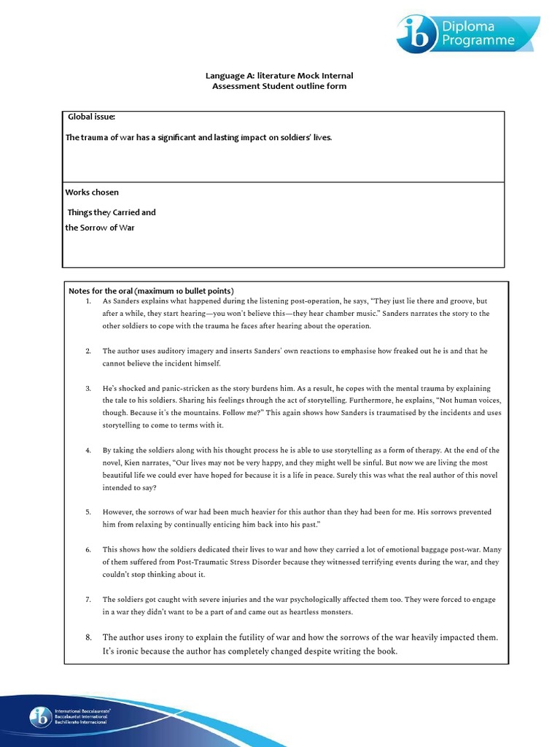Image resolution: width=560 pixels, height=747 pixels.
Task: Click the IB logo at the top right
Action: [x=418, y=33]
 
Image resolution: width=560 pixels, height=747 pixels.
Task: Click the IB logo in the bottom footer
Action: [x=39, y=716]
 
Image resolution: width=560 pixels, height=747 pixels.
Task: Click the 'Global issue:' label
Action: [x=91, y=117]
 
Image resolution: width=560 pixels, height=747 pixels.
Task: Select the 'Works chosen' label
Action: [x=92, y=193]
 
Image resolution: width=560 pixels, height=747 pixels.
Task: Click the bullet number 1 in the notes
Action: [x=87, y=301]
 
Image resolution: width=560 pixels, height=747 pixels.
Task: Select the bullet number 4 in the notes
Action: [x=87, y=451]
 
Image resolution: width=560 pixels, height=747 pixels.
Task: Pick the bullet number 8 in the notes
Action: [x=87, y=638]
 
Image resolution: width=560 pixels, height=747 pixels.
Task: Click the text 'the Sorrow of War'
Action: [x=100, y=228]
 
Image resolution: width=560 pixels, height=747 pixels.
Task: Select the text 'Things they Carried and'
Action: [x=112, y=212]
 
